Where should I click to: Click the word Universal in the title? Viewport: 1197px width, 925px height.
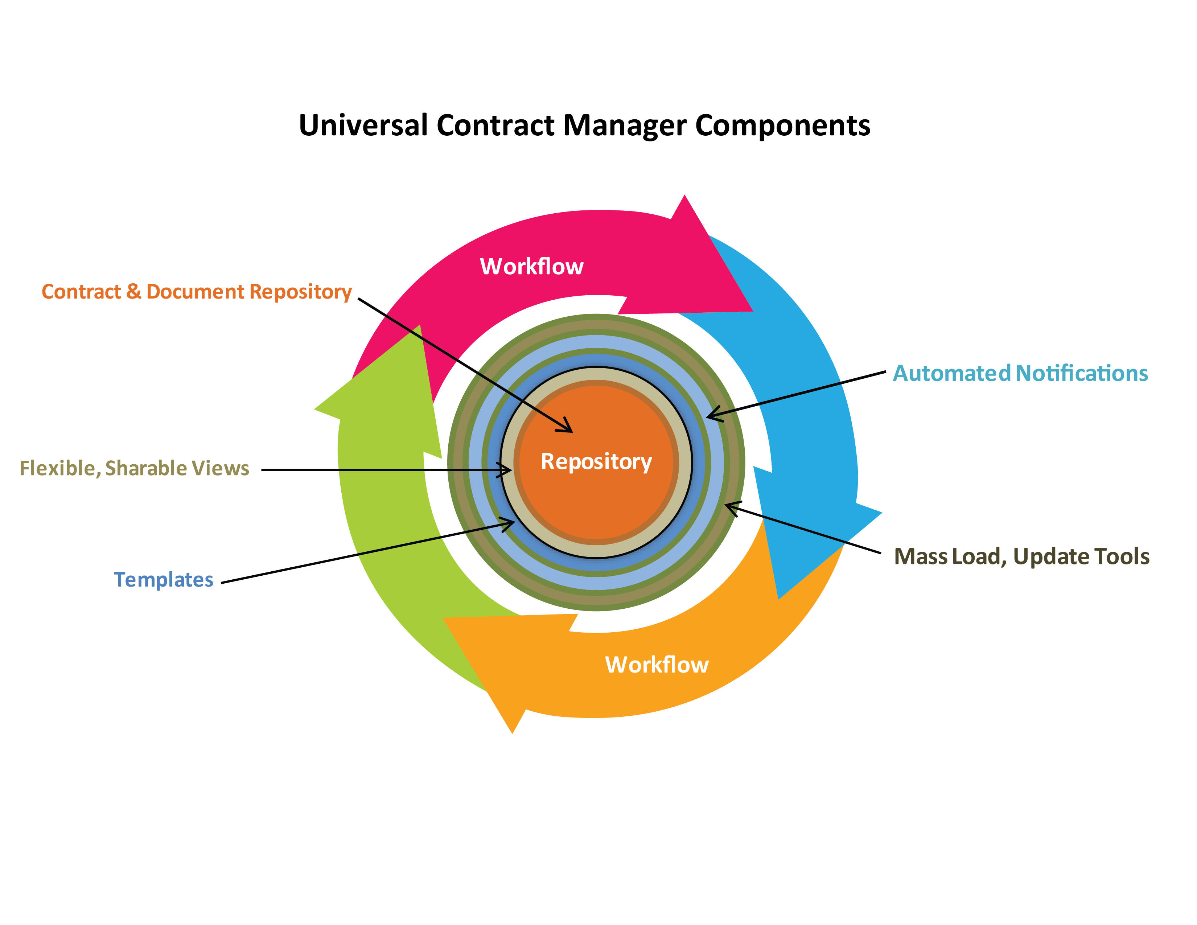click(x=363, y=126)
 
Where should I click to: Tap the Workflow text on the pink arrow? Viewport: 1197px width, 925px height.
click(x=531, y=266)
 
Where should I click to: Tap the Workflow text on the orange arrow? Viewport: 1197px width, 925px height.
click(x=656, y=665)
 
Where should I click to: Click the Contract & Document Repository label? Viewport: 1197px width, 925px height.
click(x=196, y=292)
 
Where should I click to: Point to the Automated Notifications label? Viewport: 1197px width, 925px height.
click(x=1020, y=373)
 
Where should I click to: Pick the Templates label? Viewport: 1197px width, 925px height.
click(x=163, y=580)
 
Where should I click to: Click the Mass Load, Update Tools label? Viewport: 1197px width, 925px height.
click(x=1021, y=556)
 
